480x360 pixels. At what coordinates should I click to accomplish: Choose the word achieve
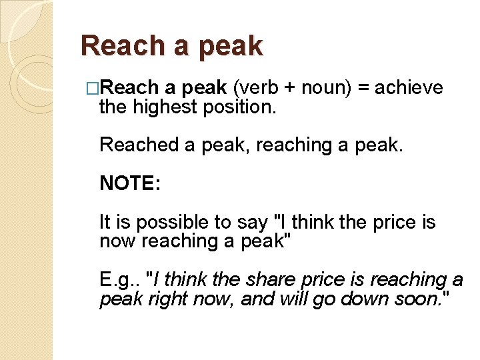pos(409,88)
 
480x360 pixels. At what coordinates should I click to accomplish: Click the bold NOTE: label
pos(130,183)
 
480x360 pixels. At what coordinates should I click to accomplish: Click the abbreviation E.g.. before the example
pos(119,280)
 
